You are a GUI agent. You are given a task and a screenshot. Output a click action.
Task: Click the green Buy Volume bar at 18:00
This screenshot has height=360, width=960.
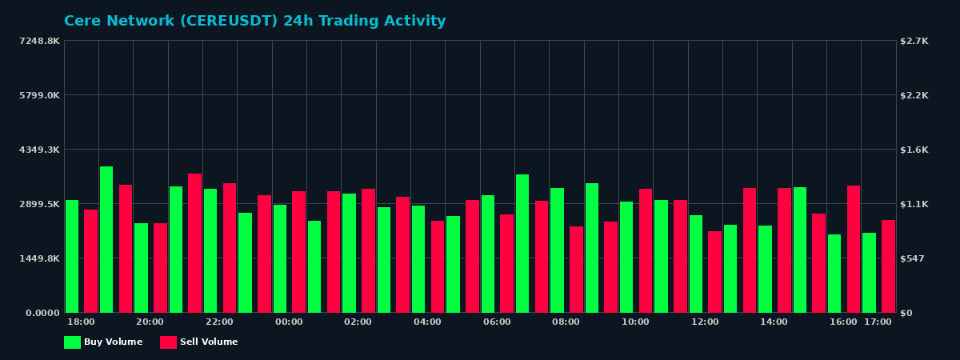click(x=72, y=256)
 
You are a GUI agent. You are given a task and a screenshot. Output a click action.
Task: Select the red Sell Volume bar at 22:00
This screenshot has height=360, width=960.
click(x=230, y=248)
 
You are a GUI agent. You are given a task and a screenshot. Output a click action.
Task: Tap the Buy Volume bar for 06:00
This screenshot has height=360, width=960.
click(x=488, y=254)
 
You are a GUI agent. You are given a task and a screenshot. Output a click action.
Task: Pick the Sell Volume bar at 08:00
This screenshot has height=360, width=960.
click(x=576, y=270)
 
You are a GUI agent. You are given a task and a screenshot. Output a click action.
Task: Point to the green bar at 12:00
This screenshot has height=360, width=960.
click(x=696, y=264)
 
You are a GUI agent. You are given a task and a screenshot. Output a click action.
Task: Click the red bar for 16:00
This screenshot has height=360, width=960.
click(x=854, y=249)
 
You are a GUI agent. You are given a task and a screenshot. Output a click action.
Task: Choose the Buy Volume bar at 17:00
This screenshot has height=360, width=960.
click(x=869, y=273)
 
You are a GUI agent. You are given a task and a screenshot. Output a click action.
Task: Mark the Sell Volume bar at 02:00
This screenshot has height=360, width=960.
click(x=368, y=250)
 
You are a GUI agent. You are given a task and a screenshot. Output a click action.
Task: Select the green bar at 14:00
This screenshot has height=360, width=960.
click(x=766, y=269)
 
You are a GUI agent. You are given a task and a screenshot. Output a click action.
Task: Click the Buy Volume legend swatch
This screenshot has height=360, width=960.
click(x=72, y=342)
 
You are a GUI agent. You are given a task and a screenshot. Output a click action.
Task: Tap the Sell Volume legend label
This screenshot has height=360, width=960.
click(x=209, y=342)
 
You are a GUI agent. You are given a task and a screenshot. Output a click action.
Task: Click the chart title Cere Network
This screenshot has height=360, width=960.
click(x=254, y=22)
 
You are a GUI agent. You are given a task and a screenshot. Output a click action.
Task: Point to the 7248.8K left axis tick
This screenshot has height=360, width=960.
click(x=39, y=41)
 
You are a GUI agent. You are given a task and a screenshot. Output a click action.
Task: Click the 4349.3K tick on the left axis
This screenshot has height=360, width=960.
click(x=39, y=150)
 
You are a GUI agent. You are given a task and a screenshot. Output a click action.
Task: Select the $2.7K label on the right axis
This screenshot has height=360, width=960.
click(x=914, y=41)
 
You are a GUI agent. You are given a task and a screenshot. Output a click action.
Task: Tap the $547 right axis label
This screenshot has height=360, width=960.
click(x=913, y=258)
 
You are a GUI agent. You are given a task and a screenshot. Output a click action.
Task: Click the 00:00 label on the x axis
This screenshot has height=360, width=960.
click(x=289, y=322)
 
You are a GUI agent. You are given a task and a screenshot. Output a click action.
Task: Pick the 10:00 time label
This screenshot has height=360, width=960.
click(x=635, y=322)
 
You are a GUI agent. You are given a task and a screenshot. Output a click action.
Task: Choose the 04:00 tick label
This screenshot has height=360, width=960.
click(x=427, y=322)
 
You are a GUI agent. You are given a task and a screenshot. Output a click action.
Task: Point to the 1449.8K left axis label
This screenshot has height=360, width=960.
click(x=39, y=258)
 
